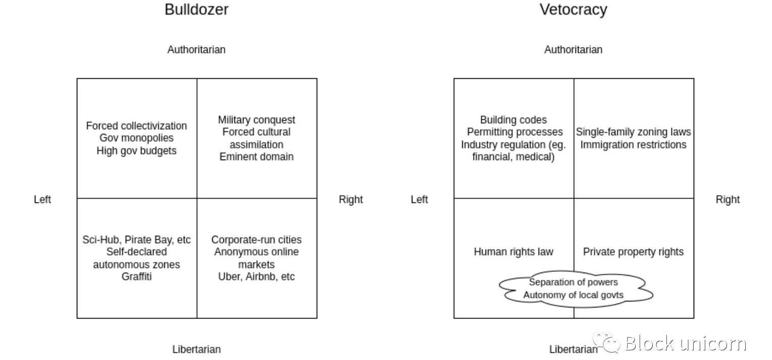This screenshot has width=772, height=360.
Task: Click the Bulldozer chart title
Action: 196,10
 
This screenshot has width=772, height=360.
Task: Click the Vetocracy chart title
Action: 573,10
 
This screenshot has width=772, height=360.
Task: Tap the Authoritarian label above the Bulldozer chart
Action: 196,49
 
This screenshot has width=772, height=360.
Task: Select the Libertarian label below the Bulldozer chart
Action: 196,349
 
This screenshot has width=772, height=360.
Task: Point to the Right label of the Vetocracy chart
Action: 727,199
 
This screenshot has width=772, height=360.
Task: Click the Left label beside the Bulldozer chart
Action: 42,199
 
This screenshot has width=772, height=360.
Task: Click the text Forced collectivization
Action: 136,126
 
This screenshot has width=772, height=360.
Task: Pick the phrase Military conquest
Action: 257,120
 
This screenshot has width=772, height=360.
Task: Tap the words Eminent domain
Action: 257,157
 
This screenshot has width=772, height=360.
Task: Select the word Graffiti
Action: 136,276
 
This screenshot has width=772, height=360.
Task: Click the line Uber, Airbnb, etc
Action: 257,276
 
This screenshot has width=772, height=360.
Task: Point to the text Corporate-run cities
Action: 257,240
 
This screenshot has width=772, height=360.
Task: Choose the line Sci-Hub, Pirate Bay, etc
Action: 136,240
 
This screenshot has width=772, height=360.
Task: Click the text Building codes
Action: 513,120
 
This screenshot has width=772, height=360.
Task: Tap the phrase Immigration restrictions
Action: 633,144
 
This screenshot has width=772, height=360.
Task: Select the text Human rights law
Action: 513,251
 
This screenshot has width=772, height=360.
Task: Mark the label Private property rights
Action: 633,251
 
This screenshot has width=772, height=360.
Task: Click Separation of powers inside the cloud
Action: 573,282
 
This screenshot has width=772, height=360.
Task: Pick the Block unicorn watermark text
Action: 685,343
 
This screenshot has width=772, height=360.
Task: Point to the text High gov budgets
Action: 136,150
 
